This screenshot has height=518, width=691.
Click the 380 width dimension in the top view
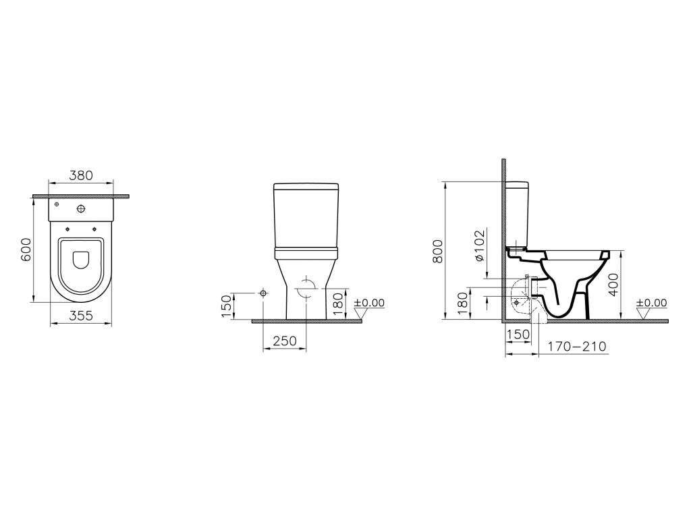(81, 175)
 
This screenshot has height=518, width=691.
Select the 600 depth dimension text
(26, 250)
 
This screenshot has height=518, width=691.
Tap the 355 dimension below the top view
(81, 316)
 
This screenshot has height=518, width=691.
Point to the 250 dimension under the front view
(285, 341)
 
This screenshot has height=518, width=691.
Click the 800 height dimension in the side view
(437, 251)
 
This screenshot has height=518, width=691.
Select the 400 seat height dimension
(613, 284)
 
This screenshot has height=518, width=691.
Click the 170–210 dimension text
(577, 347)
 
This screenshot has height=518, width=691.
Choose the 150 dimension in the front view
(226, 306)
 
